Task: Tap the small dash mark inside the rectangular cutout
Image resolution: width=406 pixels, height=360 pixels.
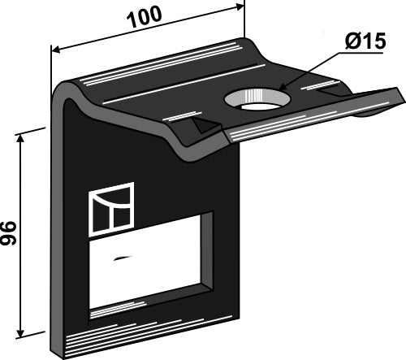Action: (x=122, y=259)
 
